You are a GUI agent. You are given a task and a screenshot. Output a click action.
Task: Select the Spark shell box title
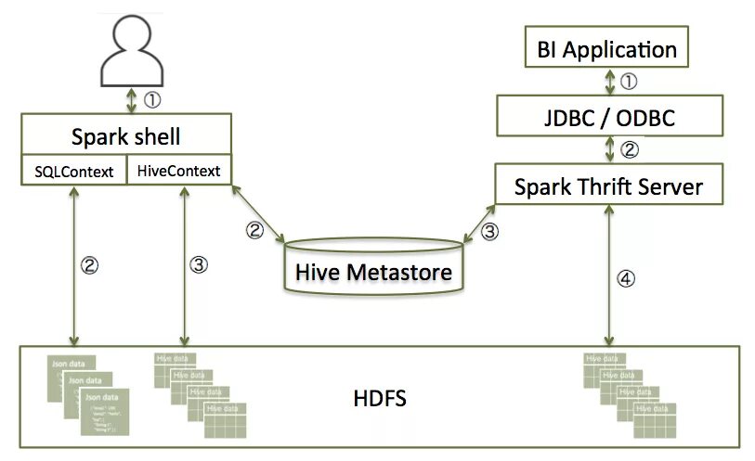click(x=125, y=137)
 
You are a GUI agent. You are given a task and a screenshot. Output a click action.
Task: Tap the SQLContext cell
click(x=73, y=171)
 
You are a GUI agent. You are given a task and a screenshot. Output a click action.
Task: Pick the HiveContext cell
click(x=179, y=171)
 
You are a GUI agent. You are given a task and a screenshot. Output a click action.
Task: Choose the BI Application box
click(x=607, y=48)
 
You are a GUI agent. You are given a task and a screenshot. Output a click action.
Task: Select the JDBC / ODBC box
click(x=608, y=118)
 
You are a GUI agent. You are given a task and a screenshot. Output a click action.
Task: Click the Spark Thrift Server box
click(x=608, y=186)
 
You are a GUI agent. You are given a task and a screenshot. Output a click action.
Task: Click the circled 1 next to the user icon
click(x=152, y=96)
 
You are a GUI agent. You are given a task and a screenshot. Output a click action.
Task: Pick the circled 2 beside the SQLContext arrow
click(x=90, y=264)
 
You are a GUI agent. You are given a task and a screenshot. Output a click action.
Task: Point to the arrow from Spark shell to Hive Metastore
click(x=259, y=214)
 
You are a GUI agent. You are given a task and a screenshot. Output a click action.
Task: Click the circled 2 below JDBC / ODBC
click(x=629, y=148)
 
